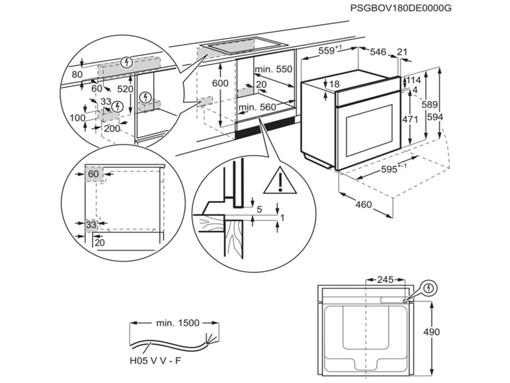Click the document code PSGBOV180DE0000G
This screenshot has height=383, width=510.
pyautogui.click(x=400, y=8)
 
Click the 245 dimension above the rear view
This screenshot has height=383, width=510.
pyautogui.click(x=384, y=280)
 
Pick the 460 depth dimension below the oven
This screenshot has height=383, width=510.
pyautogui.click(x=363, y=206)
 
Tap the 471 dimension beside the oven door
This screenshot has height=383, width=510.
pyautogui.click(x=410, y=119)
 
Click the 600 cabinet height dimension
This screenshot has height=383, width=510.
pyautogui.click(x=220, y=84)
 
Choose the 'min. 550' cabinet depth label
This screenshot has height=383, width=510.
pyautogui.click(x=273, y=68)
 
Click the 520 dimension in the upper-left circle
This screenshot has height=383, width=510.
pyautogui.click(x=126, y=89)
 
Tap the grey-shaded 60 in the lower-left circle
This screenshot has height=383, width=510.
pyautogui.click(x=93, y=174)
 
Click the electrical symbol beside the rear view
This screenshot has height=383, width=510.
pyautogui.click(x=430, y=289)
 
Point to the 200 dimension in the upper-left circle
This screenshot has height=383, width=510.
pyautogui.click(x=112, y=128)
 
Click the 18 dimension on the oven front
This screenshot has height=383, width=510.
pyautogui.click(x=334, y=84)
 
